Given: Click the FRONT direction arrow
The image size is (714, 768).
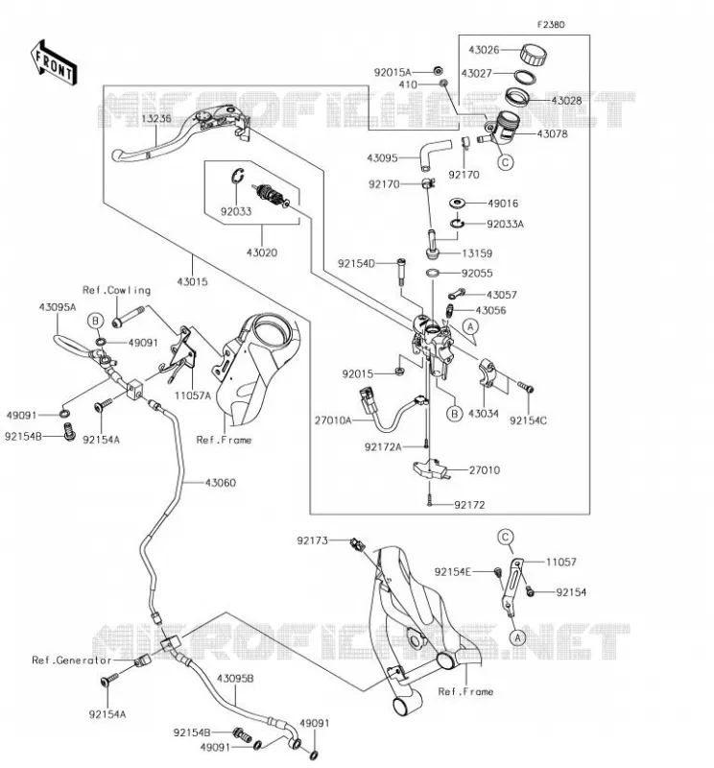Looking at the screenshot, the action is [x=54, y=63].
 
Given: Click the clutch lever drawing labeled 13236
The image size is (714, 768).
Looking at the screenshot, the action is [x=180, y=132].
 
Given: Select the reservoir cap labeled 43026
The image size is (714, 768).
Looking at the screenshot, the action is [x=534, y=54].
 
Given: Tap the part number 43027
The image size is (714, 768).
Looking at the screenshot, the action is [x=477, y=74].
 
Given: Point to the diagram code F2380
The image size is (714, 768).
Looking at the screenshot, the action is [x=551, y=25].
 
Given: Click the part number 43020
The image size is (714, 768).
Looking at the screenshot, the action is [x=261, y=252].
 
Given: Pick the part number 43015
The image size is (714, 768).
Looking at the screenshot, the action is [x=192, y=281].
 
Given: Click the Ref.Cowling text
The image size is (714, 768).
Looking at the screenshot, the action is [x=116, y=290].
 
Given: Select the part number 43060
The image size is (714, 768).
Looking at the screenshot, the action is [x=221, y=483].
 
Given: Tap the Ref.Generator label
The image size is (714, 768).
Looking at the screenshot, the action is [x=72, y=660].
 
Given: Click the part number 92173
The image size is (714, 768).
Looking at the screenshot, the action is [x=313, y=540].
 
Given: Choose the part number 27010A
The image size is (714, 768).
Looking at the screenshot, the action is [x=333, y=420].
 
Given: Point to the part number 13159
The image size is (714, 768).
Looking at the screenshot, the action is [x=477, y=253].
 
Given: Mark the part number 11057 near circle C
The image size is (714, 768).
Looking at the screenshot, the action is [x=561, y=562].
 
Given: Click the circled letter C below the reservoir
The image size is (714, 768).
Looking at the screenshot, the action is [x=506, y=162].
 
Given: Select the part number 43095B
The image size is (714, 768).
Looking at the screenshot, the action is [x=235, y=679].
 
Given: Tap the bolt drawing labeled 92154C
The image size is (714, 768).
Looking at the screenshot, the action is [x=527, y=388].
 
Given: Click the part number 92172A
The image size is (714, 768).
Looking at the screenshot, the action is [x=383, y=446].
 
